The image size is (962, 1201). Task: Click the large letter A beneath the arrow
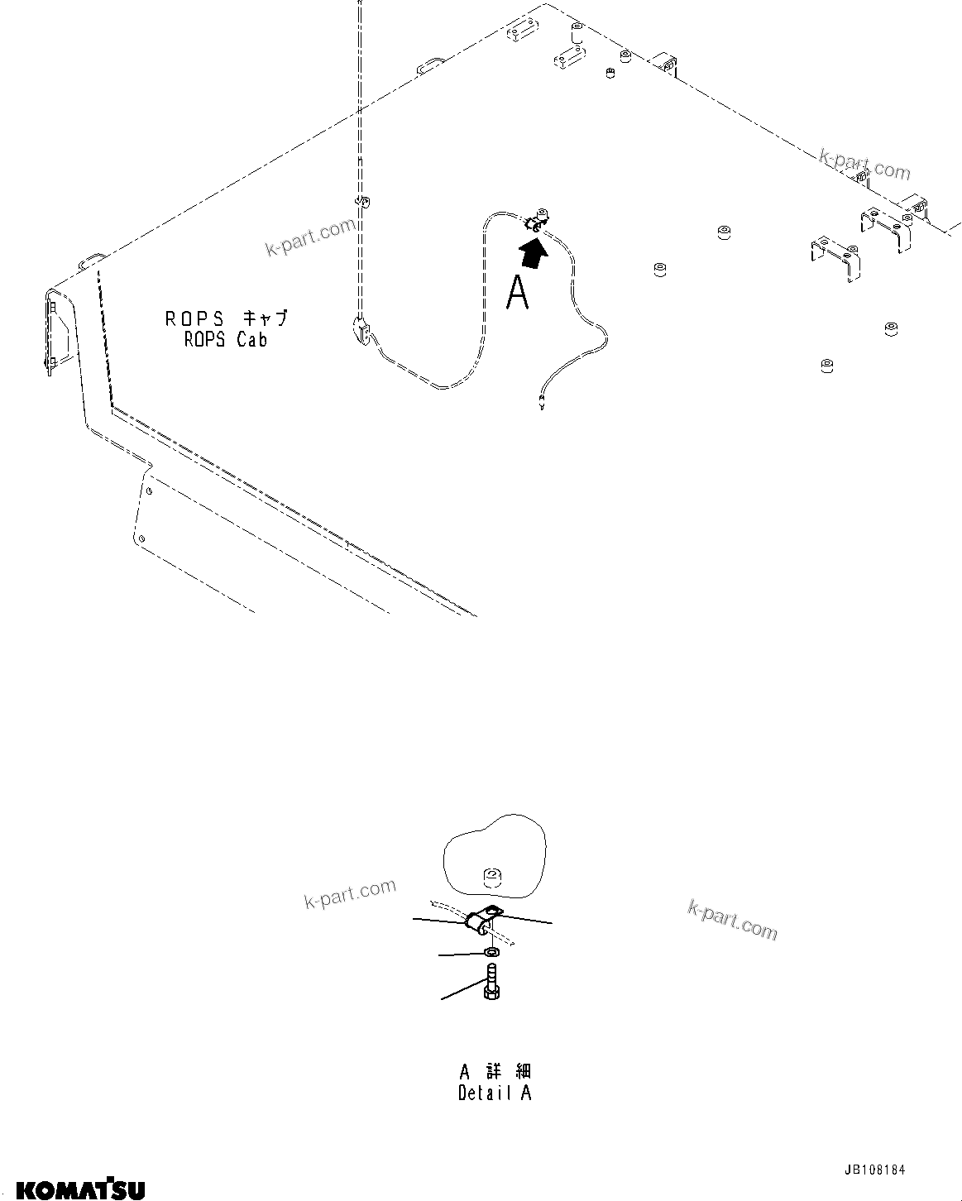[518, 294]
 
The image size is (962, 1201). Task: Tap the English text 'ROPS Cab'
[226, 340]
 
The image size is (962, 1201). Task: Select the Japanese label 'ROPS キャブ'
[227, 318]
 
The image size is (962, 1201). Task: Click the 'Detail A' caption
[495, 1093]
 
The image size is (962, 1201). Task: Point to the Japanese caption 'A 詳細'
[495, 1072]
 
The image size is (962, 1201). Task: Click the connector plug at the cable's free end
[541, 404]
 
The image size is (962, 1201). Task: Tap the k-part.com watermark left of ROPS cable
[310, 237]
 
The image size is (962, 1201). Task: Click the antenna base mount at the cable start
[361, 328]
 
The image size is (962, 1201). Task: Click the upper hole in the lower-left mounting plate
[148, 491]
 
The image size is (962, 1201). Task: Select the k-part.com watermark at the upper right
[864, 164]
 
